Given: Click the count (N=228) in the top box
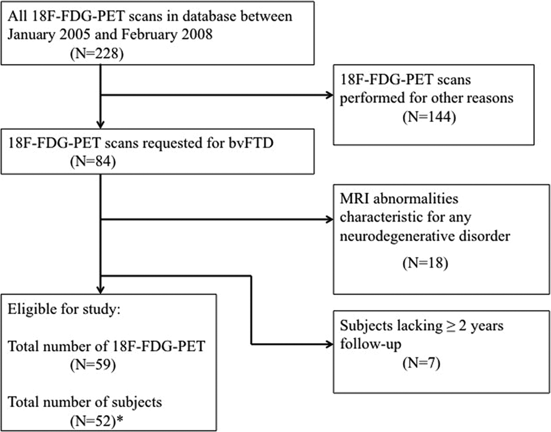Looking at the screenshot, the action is pos(97,54).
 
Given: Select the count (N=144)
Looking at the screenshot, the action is pos(429,117).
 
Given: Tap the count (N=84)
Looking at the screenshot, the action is pos(93,161).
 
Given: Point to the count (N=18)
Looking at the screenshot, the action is pos(425,262).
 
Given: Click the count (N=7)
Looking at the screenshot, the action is pos(421,363).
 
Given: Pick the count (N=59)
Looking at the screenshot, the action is pos(93,365).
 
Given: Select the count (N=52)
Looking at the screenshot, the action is pos(93,421).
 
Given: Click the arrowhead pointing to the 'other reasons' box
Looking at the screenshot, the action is pos(329,95).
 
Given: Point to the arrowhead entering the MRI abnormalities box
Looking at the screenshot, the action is pos(329,219).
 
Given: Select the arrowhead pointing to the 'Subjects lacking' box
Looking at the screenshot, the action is pos(329,344).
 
